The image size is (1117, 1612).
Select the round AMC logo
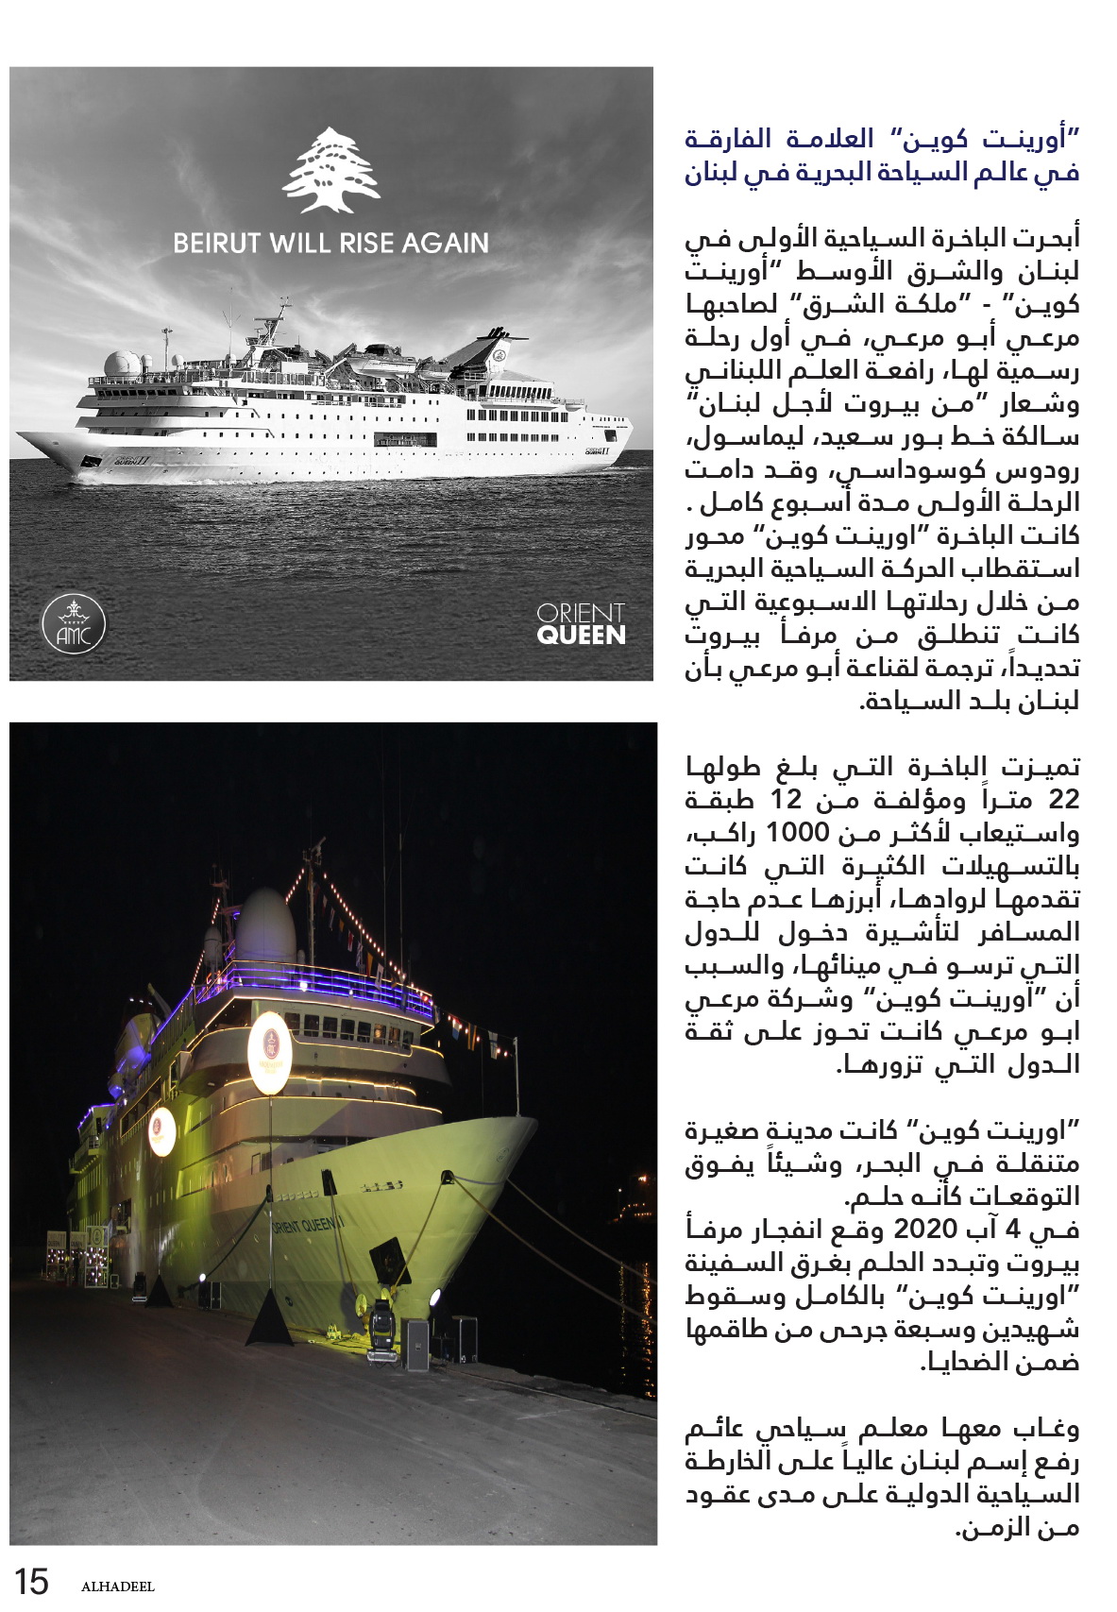(74, 625)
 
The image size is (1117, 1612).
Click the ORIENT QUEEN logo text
(581, 625)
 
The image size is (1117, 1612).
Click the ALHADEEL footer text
(117, 1587)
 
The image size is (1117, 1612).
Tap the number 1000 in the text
(796, 833)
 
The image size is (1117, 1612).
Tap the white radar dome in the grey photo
(123, 364)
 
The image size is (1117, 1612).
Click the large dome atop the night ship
(265, 925)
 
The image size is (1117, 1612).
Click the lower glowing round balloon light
(162, 1130)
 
